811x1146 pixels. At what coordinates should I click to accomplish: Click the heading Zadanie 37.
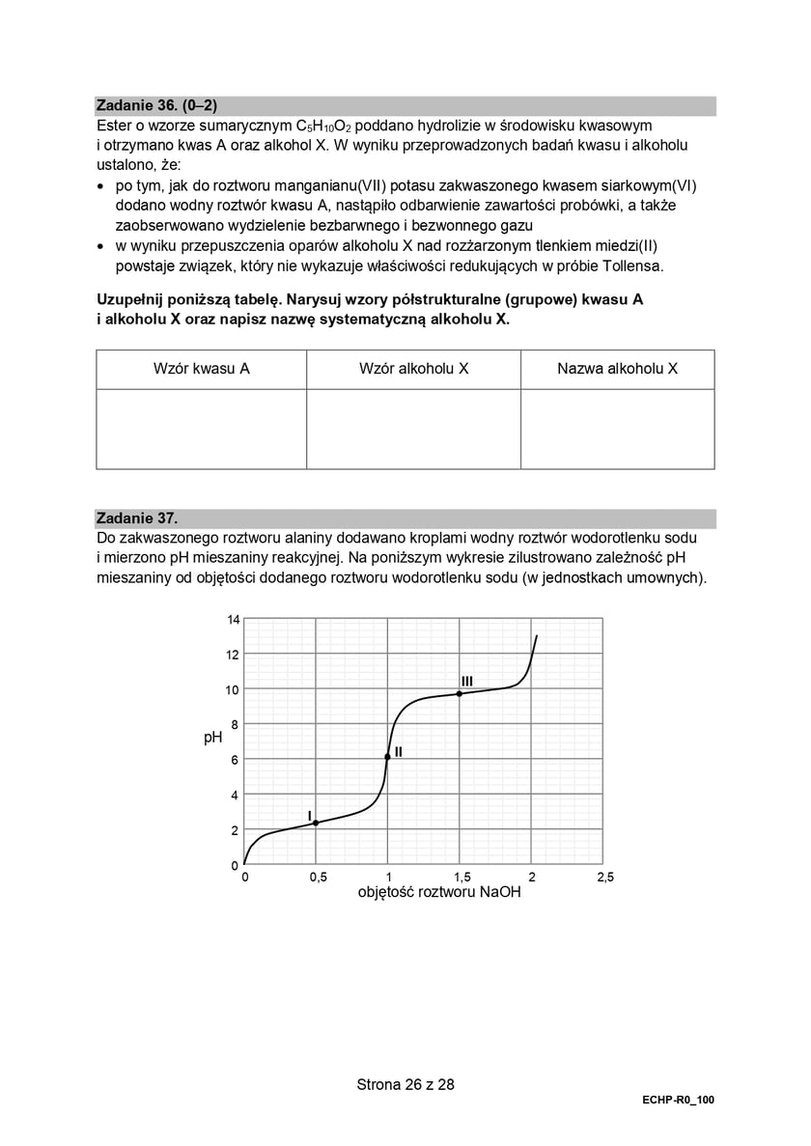pos(137,518)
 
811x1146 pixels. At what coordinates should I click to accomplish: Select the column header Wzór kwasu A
pos(202,369)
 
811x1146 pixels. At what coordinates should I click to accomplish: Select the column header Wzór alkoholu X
pos(413,369)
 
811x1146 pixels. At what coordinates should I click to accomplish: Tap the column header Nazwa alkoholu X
pos(617,369)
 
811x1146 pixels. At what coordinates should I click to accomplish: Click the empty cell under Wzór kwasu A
pos(202,429)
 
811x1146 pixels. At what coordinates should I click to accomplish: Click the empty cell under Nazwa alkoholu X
pos(617,429)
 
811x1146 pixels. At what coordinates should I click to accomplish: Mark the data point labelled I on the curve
pos(316,823)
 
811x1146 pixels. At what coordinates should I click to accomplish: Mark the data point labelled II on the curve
pos(387,757)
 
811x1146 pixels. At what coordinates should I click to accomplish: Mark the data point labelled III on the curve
pos(460,693)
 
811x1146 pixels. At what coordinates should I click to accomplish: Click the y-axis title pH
pos(213,738)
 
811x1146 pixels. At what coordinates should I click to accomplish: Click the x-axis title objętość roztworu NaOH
pos(439,893)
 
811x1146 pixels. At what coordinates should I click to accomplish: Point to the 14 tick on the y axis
pos(233,620)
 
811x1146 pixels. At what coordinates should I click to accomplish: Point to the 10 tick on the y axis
pos(233,690)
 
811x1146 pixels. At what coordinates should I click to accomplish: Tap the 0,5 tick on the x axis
pos(317,877)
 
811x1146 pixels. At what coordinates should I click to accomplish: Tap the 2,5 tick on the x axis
pos(604,877)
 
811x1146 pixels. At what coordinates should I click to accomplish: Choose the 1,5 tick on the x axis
pos(461,877)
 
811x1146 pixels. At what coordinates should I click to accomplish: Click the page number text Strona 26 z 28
pos(405,1084)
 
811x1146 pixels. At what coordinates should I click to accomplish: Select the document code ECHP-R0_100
pos(677,1101)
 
